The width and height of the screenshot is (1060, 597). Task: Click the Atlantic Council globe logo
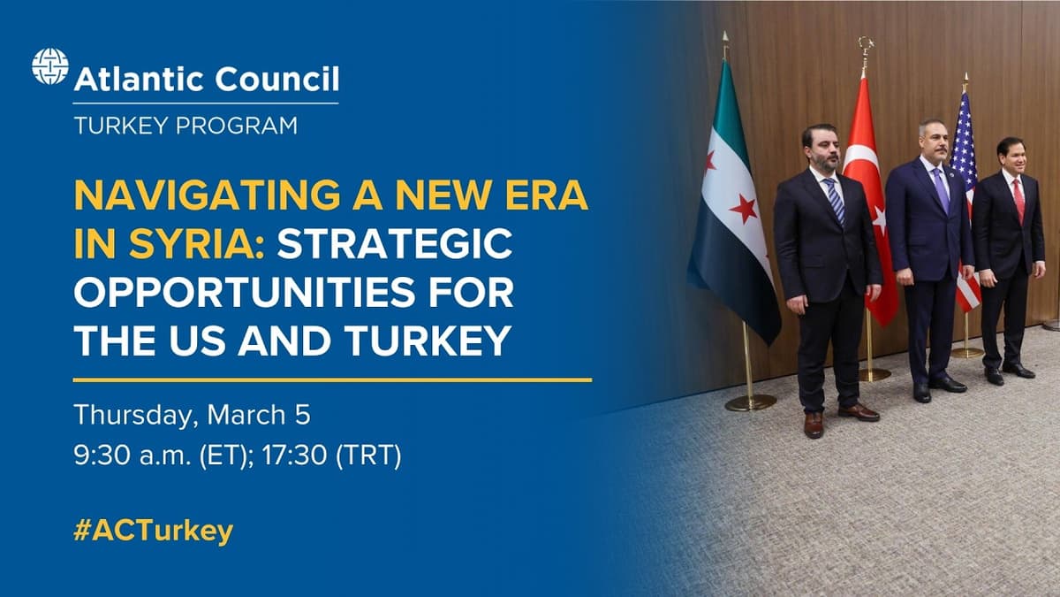(49, 66)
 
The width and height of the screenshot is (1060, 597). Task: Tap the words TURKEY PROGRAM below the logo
(185, 126)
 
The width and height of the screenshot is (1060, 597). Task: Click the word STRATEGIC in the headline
(394, 244)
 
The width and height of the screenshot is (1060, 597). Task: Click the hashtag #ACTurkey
(154, 531)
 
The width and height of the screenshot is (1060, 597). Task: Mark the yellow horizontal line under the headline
(332, 379)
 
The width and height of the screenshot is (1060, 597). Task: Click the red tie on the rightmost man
(1018, 200)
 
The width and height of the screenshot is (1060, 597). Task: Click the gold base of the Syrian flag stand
(750, 402)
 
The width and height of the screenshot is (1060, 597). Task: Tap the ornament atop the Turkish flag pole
(865, 44)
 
